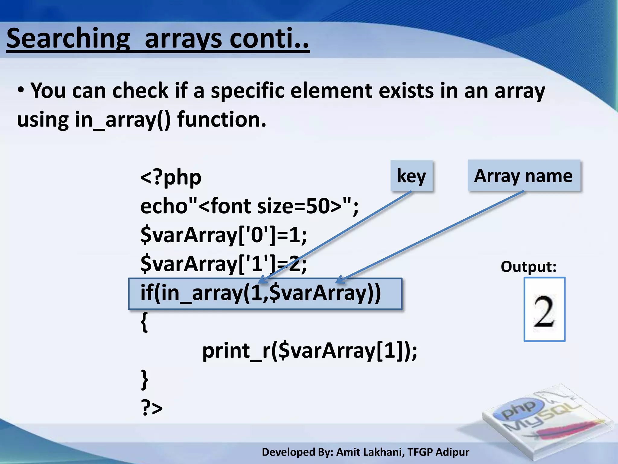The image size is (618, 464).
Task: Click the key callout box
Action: tap(411, 176)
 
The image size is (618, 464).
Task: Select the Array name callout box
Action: tap(524, 176)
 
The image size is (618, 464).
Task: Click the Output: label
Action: tap(528, 267)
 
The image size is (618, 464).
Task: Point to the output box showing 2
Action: tap(544, 310)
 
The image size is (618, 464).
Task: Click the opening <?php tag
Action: tap(171, 178)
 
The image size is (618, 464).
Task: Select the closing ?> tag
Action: tap(152, 408)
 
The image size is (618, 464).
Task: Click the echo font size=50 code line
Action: tap(249, 206)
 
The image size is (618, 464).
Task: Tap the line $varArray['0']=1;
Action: tap(223, 235)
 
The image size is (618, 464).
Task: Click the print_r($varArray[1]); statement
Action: tap(310, 351)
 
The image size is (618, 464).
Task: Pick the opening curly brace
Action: tap(145, 322)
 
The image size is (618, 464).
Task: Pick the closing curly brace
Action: tap(145, 379)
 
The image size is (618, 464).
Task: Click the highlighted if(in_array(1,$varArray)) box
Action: tap(265, 294)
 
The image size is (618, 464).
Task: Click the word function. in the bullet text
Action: tap(222, 120)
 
